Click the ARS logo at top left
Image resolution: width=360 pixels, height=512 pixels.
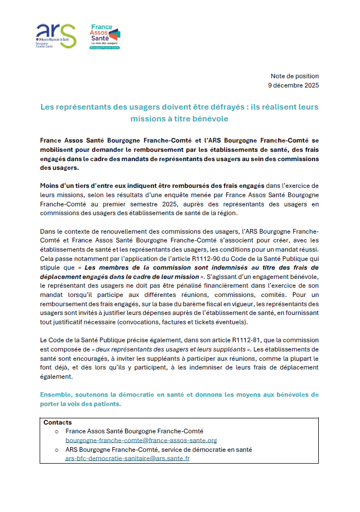click(x=56, y=36)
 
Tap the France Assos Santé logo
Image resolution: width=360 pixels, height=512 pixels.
click(x=105, y=36)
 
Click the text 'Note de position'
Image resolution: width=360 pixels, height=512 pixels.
click(x=295, y=76)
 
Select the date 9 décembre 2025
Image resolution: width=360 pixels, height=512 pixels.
click(x=294, y=85)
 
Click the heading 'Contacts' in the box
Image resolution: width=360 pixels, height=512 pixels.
click(x=58, y=422)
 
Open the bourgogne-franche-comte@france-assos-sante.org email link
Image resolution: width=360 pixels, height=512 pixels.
click(x=141, y=440)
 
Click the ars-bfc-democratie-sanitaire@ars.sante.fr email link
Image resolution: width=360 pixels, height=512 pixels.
click(x=127, y=458)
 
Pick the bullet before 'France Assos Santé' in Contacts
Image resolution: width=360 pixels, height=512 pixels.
click(x=57, y=432)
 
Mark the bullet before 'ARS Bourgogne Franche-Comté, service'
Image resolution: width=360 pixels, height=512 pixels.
click(x=57, y=450)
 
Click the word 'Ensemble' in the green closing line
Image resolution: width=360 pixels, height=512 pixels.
click(x=58, y=394)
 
